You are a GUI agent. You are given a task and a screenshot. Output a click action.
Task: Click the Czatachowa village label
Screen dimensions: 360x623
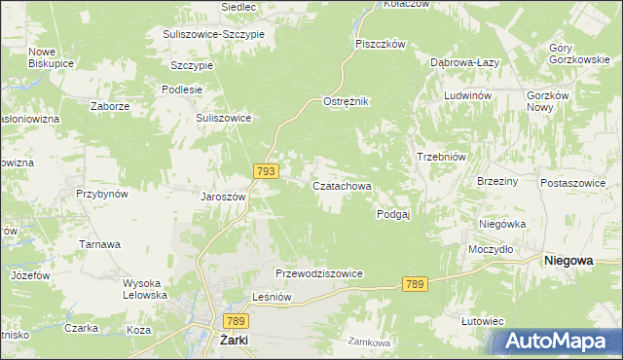(341, 185)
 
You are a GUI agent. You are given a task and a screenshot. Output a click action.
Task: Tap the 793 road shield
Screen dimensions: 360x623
(267, 170)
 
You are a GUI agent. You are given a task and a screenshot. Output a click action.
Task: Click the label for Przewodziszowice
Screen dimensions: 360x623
(319, 274)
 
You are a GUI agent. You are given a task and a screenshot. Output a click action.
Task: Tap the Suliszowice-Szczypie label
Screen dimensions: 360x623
(220, 34)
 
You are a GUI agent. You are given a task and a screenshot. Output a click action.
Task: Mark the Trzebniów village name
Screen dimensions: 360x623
(443, 157)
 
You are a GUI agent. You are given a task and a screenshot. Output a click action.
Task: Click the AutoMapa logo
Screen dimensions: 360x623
(559, 342)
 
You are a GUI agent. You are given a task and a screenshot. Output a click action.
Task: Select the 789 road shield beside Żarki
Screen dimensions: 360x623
(234, 320)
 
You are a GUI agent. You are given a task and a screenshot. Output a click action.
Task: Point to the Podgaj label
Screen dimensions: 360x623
(393, 215)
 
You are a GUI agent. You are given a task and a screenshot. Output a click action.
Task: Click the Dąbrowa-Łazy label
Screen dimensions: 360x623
(465, 60)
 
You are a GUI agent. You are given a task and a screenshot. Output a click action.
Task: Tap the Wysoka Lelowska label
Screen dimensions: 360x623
(145, 289)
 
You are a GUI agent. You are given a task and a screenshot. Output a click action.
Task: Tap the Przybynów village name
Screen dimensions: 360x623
(102, 194)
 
